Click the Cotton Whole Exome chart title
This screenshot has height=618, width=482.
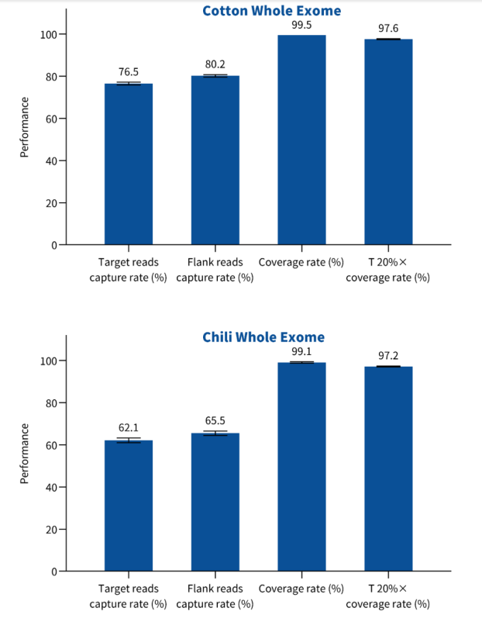point(271,11)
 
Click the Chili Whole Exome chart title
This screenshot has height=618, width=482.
point(263,337)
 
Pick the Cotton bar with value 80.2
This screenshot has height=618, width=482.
point(215,161)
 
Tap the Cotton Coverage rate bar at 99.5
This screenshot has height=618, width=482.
point(301,140)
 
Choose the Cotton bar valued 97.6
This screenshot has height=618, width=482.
point(388,142)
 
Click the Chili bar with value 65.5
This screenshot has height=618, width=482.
point(215,502)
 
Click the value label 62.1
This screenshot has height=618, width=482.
point(129,427)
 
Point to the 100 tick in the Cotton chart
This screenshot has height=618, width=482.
point(49,35)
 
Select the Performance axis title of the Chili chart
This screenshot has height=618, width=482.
point(24,454)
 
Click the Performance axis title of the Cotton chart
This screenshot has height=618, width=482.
point(24,127)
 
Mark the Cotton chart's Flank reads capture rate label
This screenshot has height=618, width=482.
point(215,270)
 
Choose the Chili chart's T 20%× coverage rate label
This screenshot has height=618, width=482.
point(387,596)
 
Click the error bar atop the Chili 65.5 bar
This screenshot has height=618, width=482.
point(215,433)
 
